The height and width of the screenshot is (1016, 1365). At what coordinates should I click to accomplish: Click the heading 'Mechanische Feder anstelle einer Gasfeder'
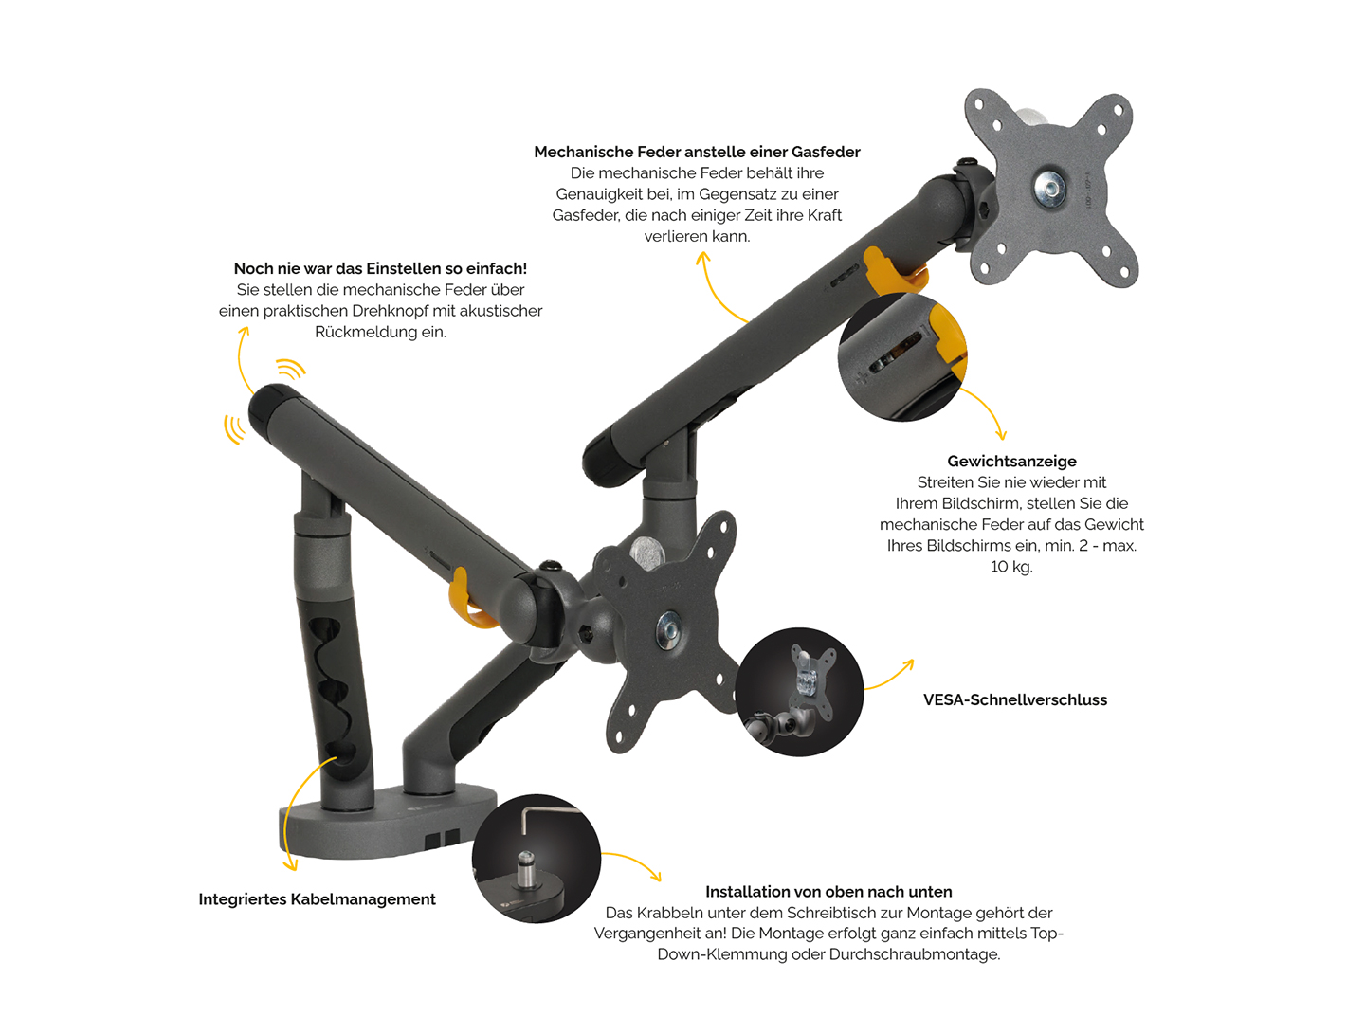coord(697,152)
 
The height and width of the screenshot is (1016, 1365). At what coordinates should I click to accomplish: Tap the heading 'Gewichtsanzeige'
coord(1011,462)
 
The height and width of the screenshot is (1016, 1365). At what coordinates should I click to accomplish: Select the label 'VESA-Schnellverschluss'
coord(1015,699)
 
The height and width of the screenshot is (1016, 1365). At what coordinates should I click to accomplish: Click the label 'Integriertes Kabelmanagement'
coord(317,899)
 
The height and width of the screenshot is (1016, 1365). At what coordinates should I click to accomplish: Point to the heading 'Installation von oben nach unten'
coord(828,892)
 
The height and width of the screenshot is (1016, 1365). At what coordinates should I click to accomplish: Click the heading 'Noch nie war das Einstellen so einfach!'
coord(380,269)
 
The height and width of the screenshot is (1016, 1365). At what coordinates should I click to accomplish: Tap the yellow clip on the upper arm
coord(894,271)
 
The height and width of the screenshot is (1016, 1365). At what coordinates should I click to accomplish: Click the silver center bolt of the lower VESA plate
coord(669,630)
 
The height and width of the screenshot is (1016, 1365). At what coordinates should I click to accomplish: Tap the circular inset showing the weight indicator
coord(902,357)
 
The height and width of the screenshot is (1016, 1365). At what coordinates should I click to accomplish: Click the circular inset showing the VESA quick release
coord(799,692)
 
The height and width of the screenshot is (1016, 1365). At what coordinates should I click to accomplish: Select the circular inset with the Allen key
coord(536,859)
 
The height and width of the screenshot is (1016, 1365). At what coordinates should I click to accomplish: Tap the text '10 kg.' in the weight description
coord(1011,567)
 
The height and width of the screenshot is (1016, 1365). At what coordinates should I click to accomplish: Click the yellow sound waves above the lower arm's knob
coord(290,369)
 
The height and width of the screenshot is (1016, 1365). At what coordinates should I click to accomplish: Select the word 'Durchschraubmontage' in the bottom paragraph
coord(914,954)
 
